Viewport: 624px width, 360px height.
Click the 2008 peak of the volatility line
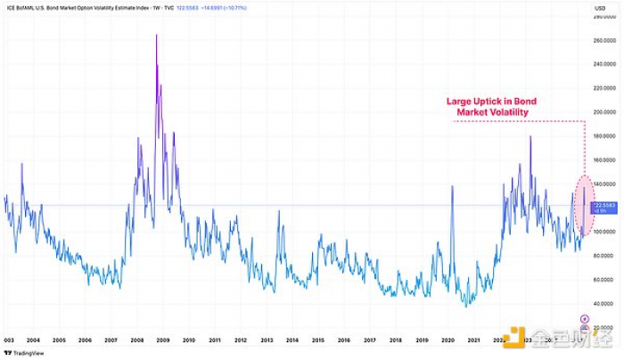[x=157, y=37]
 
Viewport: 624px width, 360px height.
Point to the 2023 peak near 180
[x=530, y=136]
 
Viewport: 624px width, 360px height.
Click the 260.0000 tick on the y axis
[x=604, y=41]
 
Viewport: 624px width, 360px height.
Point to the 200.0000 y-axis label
[x=604, y=112]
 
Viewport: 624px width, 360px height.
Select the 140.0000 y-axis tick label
[x=604, y=184]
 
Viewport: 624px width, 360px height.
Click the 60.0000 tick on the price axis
[x=604, y=279]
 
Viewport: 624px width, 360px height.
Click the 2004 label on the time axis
[x=33, y=340]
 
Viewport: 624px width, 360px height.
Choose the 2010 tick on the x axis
[x=190, y=340]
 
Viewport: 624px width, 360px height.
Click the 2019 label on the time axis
[x=423, y=340]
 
